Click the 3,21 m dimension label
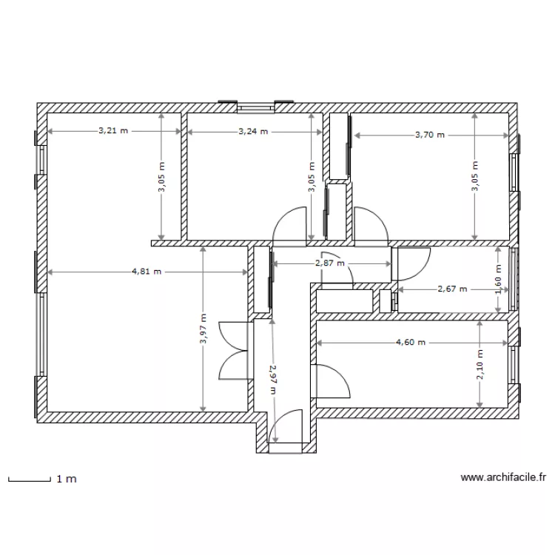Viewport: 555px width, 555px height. [x=112, y=132]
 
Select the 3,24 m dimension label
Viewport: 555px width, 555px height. [x=253, y=132]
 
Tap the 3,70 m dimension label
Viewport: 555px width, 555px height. [x=430, y=135]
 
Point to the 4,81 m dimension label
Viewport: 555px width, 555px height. [x=147, y=272]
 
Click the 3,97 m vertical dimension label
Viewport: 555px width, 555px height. [x=203, y=329]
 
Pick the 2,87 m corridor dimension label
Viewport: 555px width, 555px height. [x=330, y=263]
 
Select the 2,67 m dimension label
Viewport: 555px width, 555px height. [x=453, y=289]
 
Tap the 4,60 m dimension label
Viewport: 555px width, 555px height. [x=411, y=343]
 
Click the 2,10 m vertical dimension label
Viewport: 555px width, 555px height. [x=480, y=364]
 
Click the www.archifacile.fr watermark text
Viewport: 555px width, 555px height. [x=503, y=479]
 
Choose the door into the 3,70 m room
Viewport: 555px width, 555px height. [x=369, y=224]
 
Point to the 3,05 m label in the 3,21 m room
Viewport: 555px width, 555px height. [x=162, y=178]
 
